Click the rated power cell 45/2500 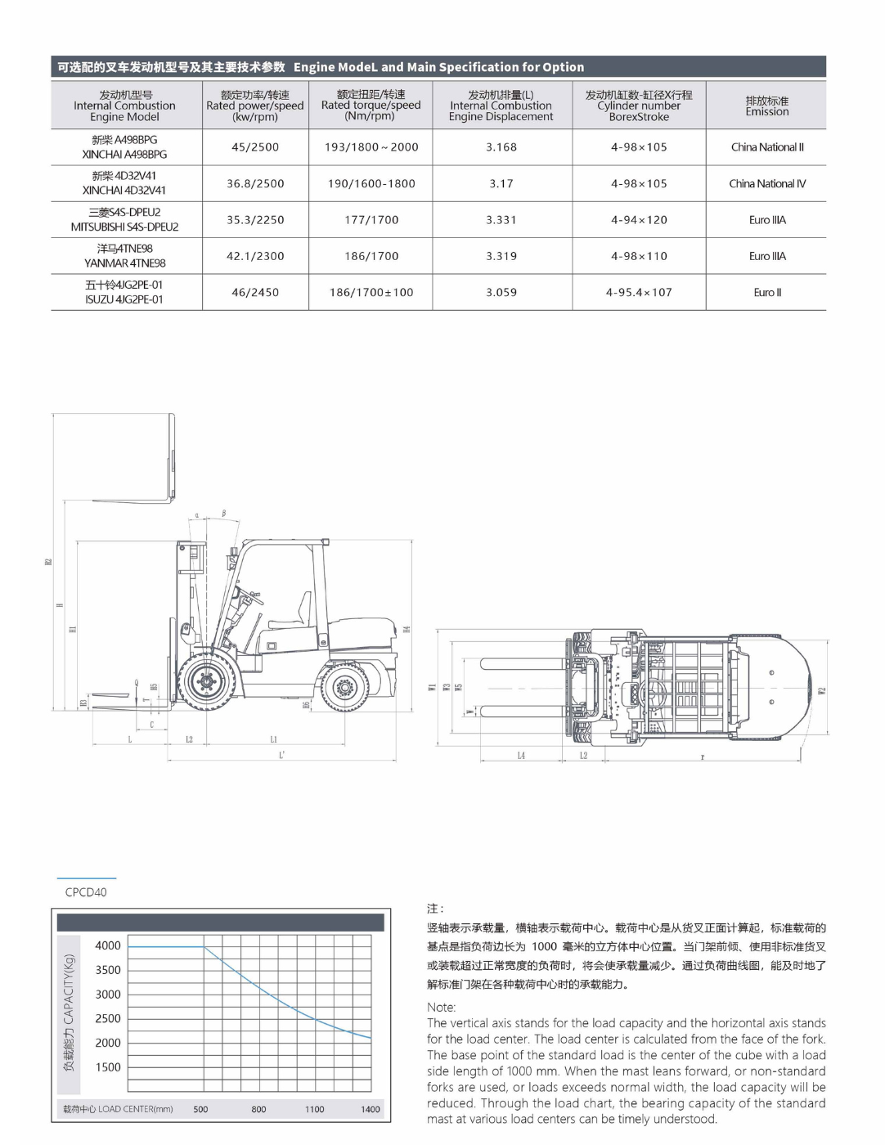point(255,147)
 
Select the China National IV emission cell point(766,184)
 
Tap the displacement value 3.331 point(501,220)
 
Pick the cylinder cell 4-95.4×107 point(639,292)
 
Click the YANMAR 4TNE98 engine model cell point(125,256)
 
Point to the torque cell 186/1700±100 point(371,292)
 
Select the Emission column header point(766,106)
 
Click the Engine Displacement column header point(501,106)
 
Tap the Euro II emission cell point(766,292)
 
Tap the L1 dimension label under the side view point(273,739)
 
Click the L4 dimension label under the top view point(521,756)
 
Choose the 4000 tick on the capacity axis point(108,945)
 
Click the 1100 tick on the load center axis point(315,1110)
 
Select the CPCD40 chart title point(86,892)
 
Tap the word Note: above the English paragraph point(442,1008)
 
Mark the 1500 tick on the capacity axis point(108,1067)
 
